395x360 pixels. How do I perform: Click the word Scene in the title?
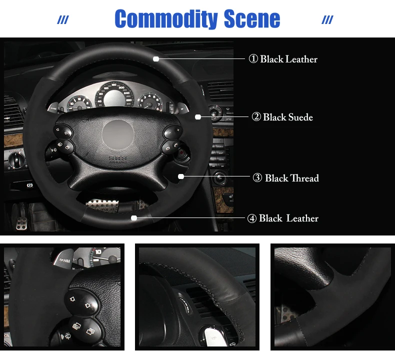[252, 19]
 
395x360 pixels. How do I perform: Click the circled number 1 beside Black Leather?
[253, 59]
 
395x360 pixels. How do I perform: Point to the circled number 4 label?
[252, 218]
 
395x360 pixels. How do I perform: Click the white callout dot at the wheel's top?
[156, 59]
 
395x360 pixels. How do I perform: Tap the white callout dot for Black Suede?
[198, 117]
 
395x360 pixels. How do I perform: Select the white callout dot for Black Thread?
[181, 176]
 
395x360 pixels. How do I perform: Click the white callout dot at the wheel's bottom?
[134, 218]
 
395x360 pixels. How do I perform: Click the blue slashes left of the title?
[63, 20]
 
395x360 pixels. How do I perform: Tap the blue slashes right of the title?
[327, 20]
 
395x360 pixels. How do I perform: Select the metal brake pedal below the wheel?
[102, 204]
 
